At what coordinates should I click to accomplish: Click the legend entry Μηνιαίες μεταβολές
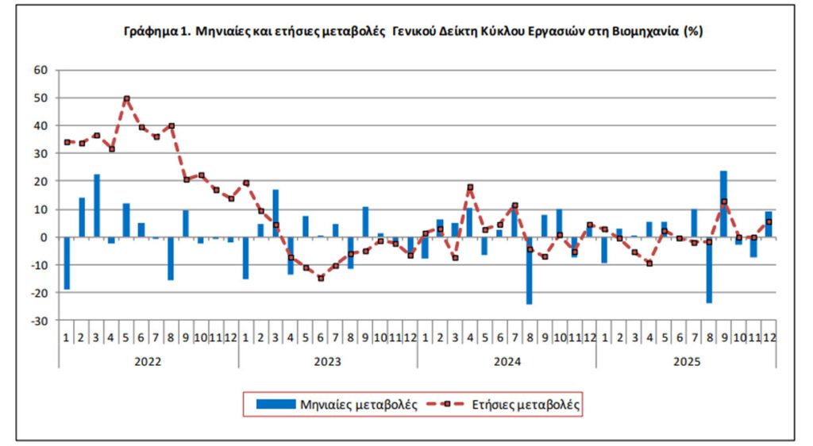pyautogui.click(x=337, y=405)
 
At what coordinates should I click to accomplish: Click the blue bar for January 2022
pyautogui.click(x=67, y=263)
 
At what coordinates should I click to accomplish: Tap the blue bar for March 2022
pyautogui.click(x=97, y=206)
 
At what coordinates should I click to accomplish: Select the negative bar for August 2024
pyautogui.click(x=530, y=270)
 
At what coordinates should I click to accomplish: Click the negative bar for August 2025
pyautogui.click(x=709, y=270)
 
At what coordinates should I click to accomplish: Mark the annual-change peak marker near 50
pyautogui.click(x=126, y=98)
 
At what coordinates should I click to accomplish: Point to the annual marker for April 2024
pyautogui.click(x=470, y=187)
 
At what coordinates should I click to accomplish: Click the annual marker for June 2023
pyautogui.click(x=321, y=279)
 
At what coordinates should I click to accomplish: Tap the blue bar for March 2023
pyautogui.click(x=275, y=213)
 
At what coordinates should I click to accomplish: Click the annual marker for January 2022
pyautogui.click(x=67, y=142)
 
